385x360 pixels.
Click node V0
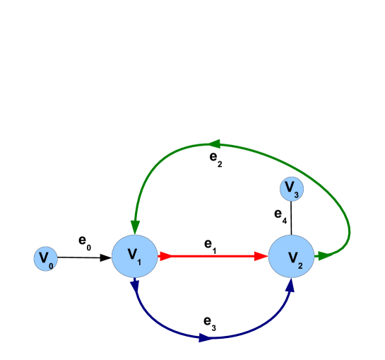45,258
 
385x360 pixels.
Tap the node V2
291,257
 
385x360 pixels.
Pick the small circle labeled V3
290,189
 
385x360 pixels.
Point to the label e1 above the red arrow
211,244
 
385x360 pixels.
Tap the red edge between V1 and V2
212,257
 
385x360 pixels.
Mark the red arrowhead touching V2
262,257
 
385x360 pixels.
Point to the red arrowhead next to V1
166,257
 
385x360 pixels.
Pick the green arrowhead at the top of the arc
214,144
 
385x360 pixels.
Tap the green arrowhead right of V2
324,255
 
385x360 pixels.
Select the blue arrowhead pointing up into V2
290,285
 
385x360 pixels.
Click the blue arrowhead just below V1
135,286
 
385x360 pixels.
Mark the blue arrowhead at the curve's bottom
204,338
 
